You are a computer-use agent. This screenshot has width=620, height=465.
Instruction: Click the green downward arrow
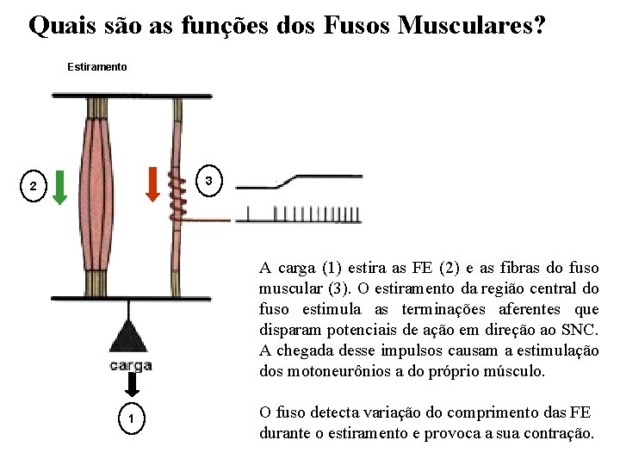coord(59,187)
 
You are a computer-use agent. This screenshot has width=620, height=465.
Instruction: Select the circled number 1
coord(130,418)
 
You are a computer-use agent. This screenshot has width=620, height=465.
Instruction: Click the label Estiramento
coord(97,67)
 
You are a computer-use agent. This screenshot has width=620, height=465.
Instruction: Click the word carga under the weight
coord(131,366)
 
